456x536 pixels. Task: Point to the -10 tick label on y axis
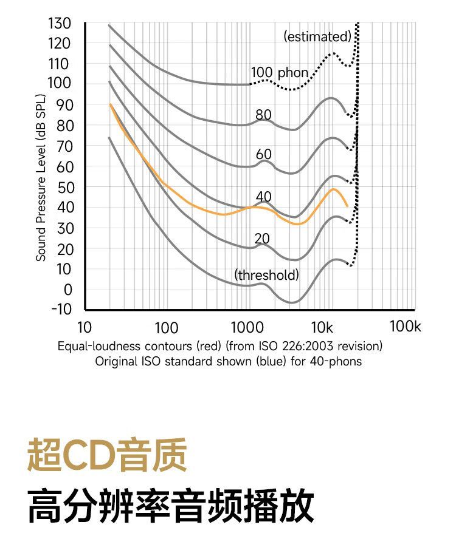pos(61,310)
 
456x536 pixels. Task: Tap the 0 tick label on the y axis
pos(67,289)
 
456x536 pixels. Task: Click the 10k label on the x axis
pos(322,328)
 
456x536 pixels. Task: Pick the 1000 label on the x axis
pos(247,328)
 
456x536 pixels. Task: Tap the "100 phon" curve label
pos(280,73)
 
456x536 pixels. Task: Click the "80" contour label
pos(263,115)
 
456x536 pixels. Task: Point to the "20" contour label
pos(262,238)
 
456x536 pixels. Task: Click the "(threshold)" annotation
pos(267,275)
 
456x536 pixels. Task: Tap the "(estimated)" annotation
pos(317,36)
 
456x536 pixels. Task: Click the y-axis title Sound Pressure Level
pos(41,177)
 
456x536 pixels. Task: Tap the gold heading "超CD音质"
pos(107,455)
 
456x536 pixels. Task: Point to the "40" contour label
pos(263,197)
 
